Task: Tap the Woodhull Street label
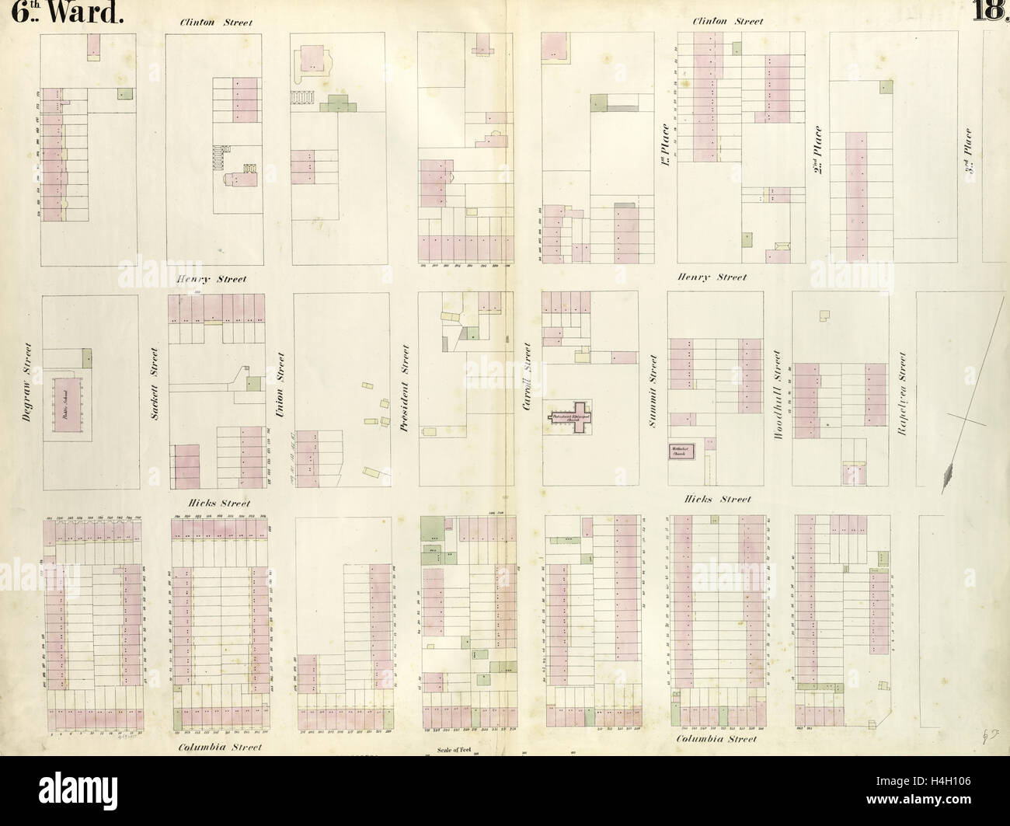778,394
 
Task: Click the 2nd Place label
818,149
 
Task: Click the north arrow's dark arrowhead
947,476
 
